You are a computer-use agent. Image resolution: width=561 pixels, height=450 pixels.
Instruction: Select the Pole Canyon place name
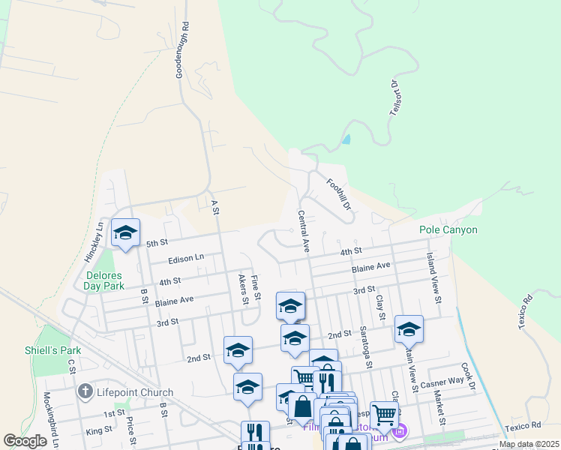click(x=448, y=229)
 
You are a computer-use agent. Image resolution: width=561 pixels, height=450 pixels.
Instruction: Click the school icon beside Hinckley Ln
click(x=125, y=232)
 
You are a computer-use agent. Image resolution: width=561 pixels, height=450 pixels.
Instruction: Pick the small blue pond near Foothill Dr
click(x=346, y=139)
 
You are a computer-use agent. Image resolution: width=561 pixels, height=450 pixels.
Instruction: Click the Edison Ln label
click(x=186, y=257)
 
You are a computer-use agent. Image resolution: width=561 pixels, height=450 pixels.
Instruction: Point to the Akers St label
click(x=243, y=289)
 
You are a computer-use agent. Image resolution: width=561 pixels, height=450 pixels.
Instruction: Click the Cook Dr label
click(x=469, y=377)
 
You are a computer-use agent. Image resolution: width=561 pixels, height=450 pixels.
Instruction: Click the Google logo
click(x=25, y=442)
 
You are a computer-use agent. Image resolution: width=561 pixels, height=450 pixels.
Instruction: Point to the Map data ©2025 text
click(x=529, y=444)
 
